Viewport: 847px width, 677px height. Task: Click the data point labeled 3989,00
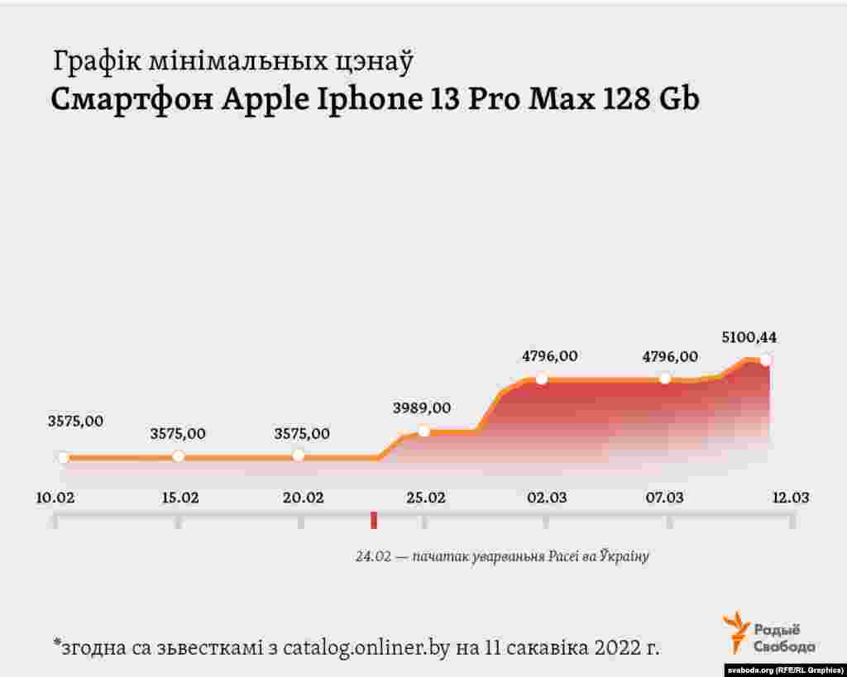(x=423, y=431)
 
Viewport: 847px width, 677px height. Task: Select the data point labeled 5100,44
(x=766, y=359)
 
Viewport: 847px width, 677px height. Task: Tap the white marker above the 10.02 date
(x=63, y=456)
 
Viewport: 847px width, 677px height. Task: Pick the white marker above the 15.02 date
(x=178, y=456)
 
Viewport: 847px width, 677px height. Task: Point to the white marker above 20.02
(x=299, y=455)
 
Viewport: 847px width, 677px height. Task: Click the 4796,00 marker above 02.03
(x=542, y=379)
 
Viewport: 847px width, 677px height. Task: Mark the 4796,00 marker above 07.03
(x=664, y=378)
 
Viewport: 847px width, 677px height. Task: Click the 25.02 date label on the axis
(x=425, y=498)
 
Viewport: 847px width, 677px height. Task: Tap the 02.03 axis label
(x=547, y=498)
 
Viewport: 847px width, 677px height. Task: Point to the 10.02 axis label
(x=55, y=498)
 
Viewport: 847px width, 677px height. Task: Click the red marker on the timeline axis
(x=374, y=520)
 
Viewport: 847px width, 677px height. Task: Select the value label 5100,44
(x=749, y=337)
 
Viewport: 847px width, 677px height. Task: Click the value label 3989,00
(x=423, y=408)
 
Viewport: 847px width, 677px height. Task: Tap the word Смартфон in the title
(x=132, y=99)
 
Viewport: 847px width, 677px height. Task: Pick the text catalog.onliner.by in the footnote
(x=366, y=647)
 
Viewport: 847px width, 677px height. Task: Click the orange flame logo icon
(x=735, y=632)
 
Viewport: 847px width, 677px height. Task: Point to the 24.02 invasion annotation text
(x=502, y=556)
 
